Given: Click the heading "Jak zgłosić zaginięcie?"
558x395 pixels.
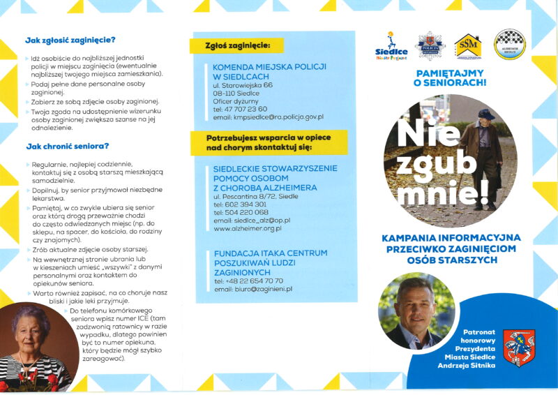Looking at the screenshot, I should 70,40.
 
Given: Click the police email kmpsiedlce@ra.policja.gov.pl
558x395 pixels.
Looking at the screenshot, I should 269,117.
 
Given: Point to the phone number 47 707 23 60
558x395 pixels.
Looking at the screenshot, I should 245,109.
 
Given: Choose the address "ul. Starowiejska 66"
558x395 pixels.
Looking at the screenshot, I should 243,84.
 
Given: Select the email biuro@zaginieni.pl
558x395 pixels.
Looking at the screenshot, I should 253,288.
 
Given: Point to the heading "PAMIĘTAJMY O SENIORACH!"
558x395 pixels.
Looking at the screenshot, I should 450,77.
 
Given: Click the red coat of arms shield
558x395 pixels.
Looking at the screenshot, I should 518,345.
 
